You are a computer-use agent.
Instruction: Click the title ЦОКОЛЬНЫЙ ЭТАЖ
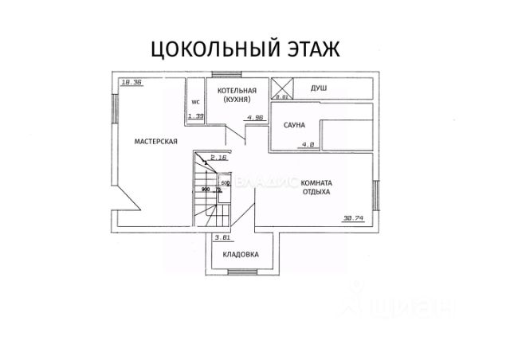pos(246,49)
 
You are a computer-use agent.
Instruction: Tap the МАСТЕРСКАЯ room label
pos(155,142)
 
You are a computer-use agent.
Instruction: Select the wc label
pos(195,102)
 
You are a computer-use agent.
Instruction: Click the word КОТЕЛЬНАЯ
pos(237,91)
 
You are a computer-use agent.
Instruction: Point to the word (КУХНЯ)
pos(237,100)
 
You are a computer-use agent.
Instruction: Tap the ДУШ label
pos(320,89)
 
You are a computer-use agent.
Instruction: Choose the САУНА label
pos(296,126)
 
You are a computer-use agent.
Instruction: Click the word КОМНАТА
pos(317,183)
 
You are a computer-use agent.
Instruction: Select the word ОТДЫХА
pos(316,193)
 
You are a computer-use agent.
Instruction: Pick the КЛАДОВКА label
pos(241,255)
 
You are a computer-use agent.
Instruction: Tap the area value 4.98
pos(256,118)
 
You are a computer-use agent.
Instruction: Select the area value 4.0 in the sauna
pos(307,145)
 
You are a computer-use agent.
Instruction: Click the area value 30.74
pos(352,217)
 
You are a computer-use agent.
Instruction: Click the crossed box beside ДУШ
pos(283,88)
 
